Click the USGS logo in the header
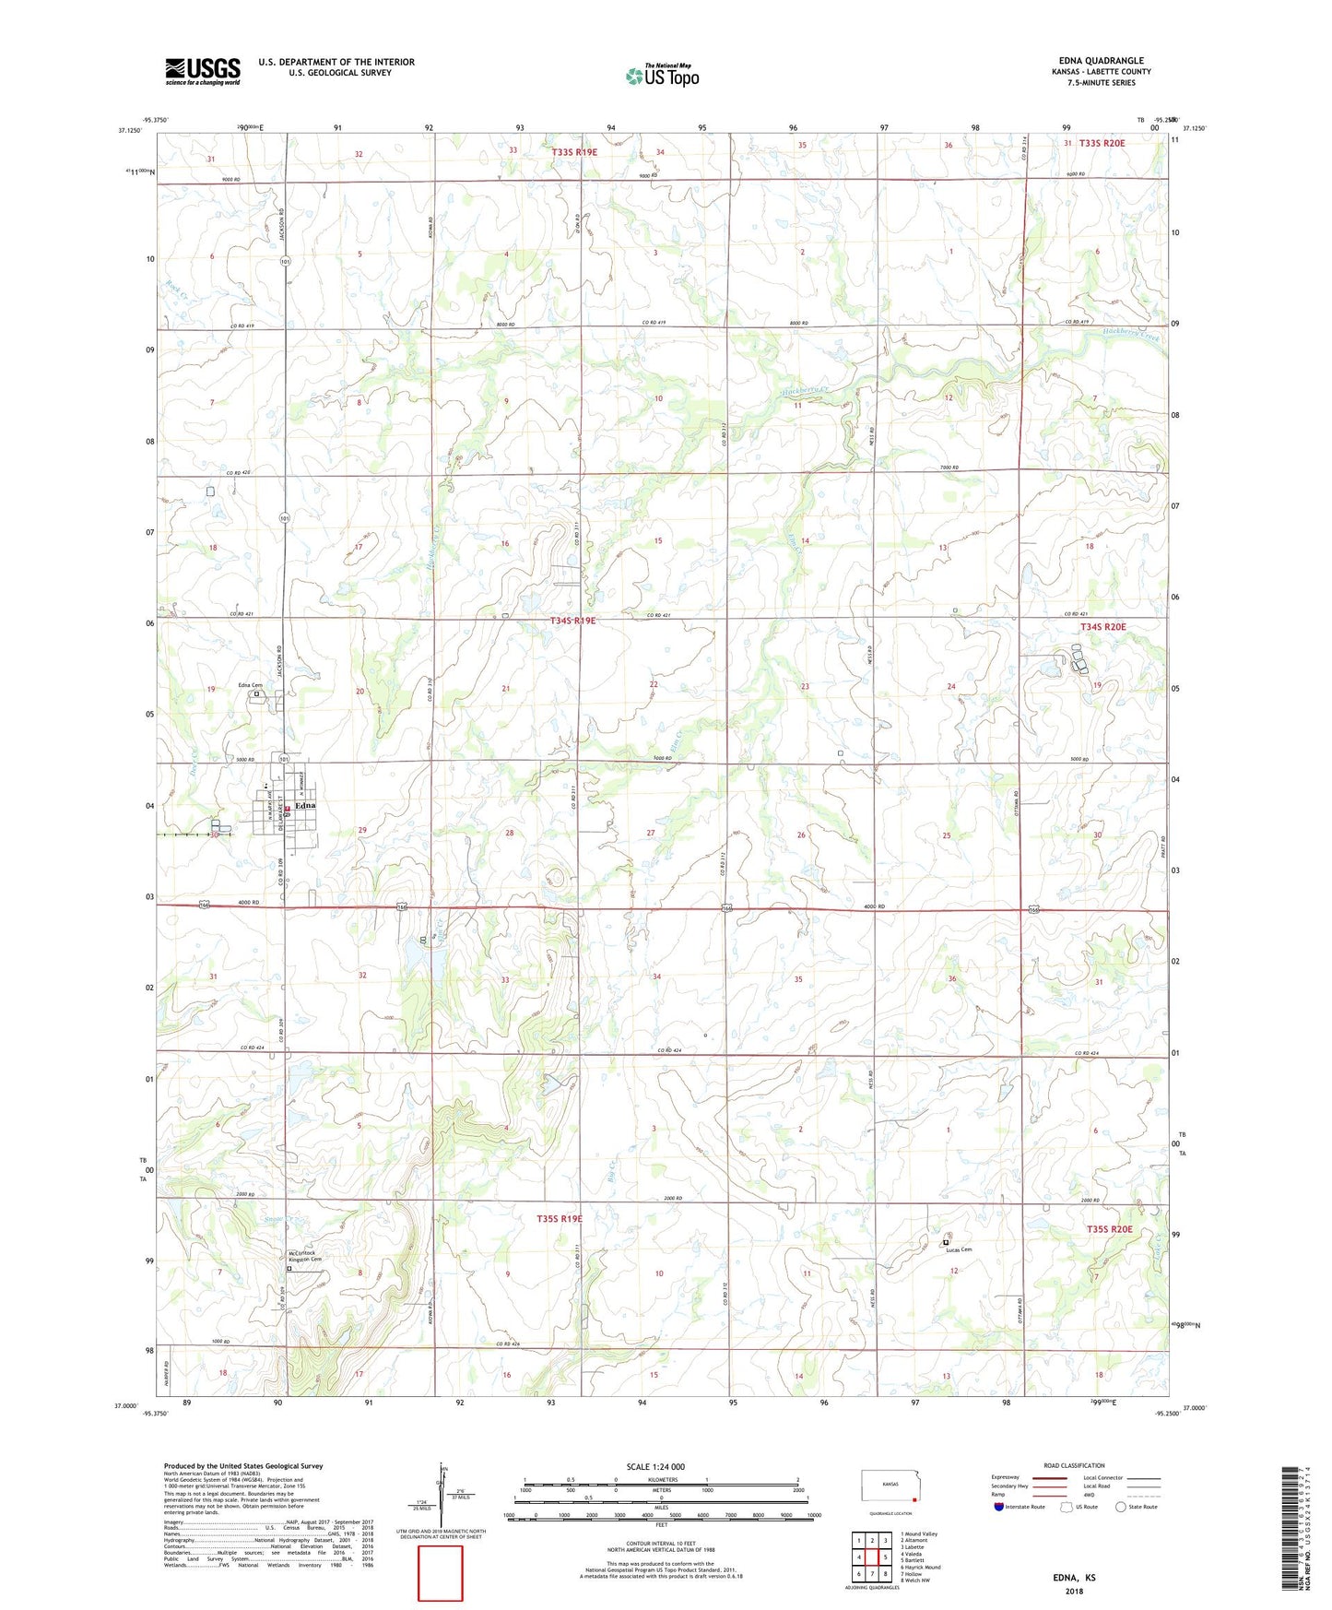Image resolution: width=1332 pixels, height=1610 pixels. pyautogui.click(x=203, y=71)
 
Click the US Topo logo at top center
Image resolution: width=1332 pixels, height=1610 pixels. pyautogui.click(x=662, y=76)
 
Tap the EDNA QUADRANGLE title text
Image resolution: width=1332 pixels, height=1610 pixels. pyautogui.click(x=1101, y=61)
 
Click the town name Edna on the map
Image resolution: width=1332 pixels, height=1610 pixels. pyautogui.click(x=305, y=805)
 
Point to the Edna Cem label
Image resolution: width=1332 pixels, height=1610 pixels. pyautogui.click(x=251, y=685)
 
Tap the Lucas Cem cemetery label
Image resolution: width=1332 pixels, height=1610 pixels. pyautogui.click(x=958, y=1249)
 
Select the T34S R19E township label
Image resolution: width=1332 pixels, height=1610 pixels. pyautogui.click(x=572, y=621)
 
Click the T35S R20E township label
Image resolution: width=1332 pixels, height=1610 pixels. pyautogui.click(x=1108, y=1229)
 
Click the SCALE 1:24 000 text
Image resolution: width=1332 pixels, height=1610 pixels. pyautogui.click(x=655, y=1466)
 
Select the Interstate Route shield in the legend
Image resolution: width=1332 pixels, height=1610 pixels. pyautogui.click(x=999, y=1508)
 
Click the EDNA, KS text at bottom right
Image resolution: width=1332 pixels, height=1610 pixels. pyautogui.click(x=1074, y=1577)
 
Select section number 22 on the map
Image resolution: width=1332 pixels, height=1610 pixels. pyautogui.click(x=653, y=684)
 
